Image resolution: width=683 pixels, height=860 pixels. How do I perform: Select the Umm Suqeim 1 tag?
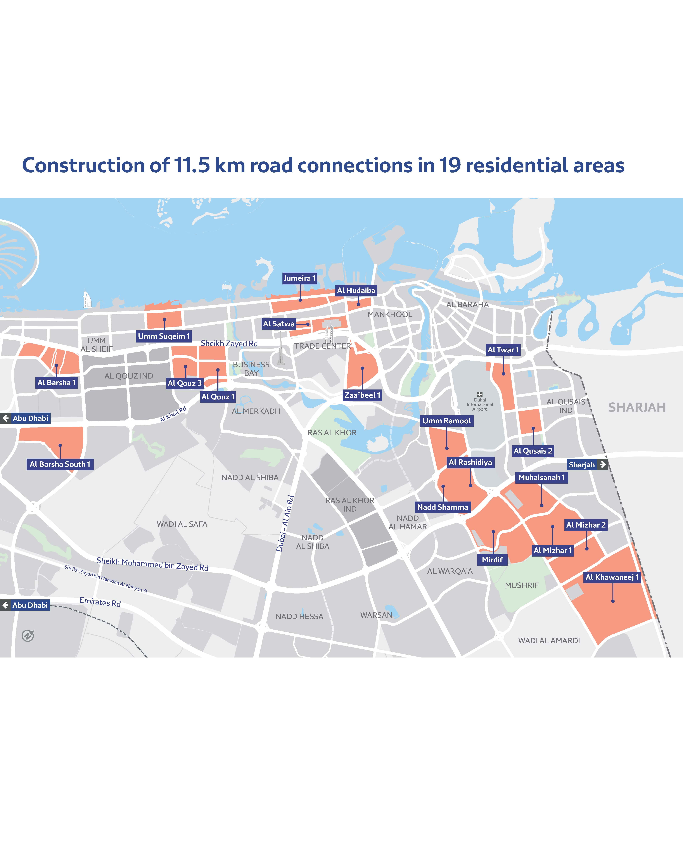(164, 336)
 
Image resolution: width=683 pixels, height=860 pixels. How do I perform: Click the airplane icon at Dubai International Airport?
(480, 394)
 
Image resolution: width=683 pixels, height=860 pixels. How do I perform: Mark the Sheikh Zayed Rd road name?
(229, 343)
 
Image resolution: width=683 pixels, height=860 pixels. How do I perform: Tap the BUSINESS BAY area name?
(251, 369)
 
